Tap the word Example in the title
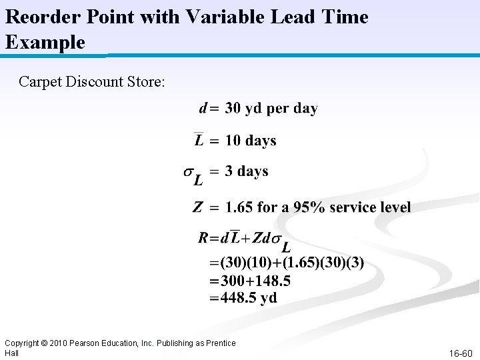click(x=45, y=43)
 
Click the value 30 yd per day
click(x=271, y=108)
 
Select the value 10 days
click(x=251, y=141)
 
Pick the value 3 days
click(x=247, y=171)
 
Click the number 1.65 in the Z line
click(x=239, y=207)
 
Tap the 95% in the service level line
click(x=310, y=207)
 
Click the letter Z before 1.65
click(x=198, y=207)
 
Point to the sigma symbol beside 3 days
click(x=189, y=173)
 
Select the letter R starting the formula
click(x=204, y=237)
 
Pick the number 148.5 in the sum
click(x=273, y=281)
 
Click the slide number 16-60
click(x=460, y=353)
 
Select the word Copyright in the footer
click(x=21, y=343)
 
